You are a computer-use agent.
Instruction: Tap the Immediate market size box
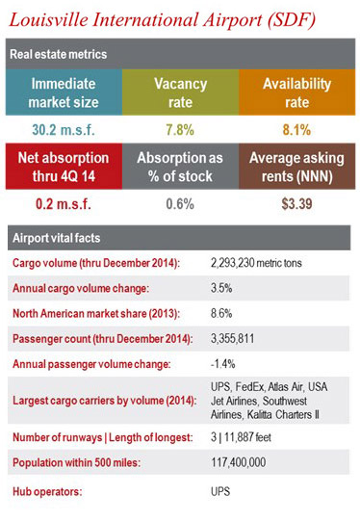pos(63,92)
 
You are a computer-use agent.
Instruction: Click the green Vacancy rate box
pos(180,92)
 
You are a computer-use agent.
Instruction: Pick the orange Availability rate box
pos(297,92)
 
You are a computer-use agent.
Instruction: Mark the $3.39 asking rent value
pos(297,203)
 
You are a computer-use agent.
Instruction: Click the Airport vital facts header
pos(55,237)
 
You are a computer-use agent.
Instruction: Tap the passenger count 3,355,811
pos(236,338)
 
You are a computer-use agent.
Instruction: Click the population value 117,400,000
pos(241,461)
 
